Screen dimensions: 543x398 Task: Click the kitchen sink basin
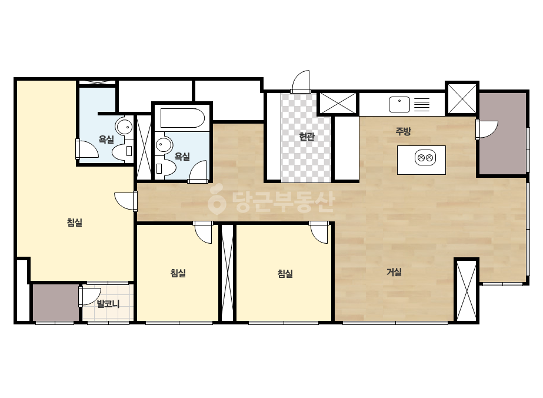tap(399, 104)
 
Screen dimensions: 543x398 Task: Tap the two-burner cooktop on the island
tap(425, 158)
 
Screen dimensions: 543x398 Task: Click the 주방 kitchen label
tap(403, 131)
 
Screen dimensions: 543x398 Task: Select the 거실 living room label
tap(394, 272)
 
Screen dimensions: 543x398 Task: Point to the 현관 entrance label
tap(307, 136)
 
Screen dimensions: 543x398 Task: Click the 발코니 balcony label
tap(108, 304)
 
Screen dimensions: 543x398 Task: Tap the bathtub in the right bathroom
tap(182, 118)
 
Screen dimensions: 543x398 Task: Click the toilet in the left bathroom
tap(122, 151)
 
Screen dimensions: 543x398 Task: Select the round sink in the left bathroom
tap(124, 127)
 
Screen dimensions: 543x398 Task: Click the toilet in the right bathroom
tap(165, 168)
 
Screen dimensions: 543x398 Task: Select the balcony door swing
tap(89, 296)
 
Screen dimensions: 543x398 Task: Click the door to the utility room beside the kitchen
tap(487, 130)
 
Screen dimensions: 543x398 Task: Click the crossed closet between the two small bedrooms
tap(228, 273)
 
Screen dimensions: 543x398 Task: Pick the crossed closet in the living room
tap(467, 290)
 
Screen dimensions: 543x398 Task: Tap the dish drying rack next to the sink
tap(422, 104)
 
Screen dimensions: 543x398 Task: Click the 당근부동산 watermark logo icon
tap(216, 201)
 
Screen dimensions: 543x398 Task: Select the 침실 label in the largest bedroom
tap(75, 222)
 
